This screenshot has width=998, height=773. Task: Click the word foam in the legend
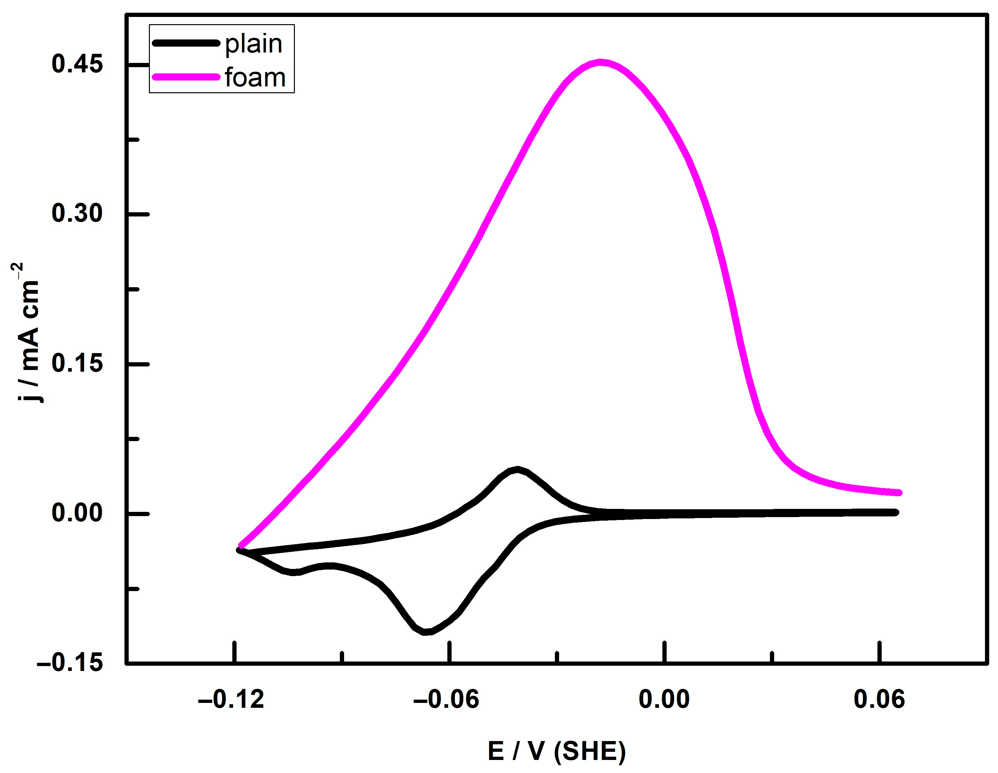(255, 77)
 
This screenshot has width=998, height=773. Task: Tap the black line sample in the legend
(186, 43)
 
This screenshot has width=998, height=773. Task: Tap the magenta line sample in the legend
(186, 77)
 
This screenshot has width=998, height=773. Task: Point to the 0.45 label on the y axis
(77, 64)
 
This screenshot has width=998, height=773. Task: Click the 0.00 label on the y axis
(77, 513)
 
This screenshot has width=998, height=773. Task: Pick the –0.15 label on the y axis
(70, 662)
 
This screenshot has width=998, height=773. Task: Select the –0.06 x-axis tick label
(446, 700)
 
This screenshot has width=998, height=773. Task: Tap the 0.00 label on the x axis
(664, 700)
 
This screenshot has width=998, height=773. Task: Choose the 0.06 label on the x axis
(879, 700)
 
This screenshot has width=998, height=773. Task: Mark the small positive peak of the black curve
(517, 469)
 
